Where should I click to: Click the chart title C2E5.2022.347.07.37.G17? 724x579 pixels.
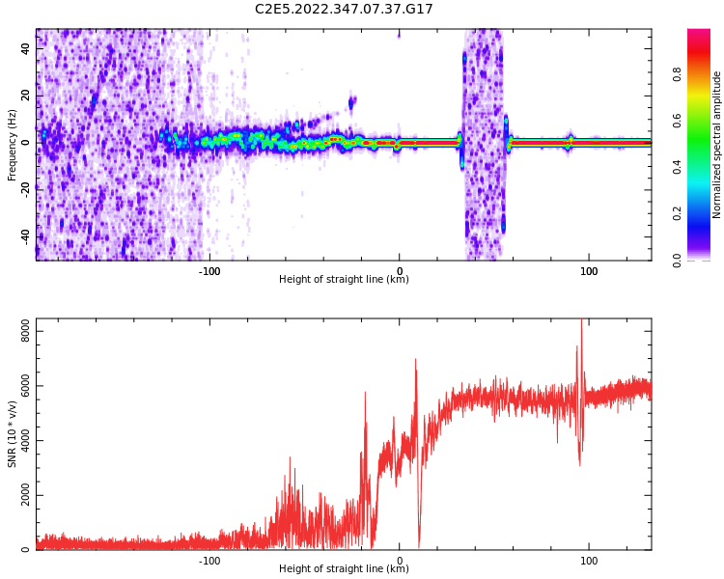point(344,9)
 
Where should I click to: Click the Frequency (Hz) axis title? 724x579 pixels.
point(13,145)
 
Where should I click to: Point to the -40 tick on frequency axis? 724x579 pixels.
point(26,236)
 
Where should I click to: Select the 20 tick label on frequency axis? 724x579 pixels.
point(26,96)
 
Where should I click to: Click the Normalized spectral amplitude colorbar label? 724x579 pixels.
point(717,145)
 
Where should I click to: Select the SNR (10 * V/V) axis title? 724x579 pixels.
point(13,434)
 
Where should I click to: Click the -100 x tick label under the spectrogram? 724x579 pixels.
point(209,270)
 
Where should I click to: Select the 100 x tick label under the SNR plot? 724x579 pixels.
point(589,560)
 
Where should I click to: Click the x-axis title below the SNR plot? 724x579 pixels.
point(344,569)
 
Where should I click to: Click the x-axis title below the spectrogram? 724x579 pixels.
point(344,280)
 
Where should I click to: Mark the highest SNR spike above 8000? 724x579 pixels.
point(581,323)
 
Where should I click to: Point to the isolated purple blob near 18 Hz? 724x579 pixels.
point(352,99)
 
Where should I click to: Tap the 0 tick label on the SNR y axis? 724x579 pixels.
point(27,550)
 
